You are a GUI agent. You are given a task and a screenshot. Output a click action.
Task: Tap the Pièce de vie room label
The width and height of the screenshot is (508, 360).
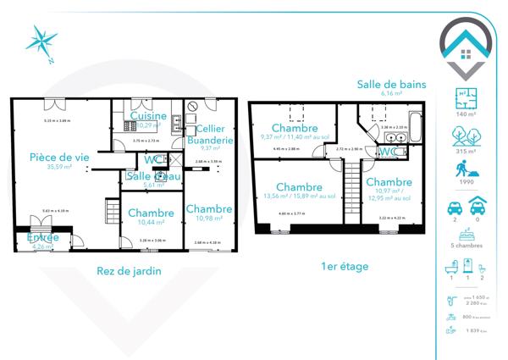58,158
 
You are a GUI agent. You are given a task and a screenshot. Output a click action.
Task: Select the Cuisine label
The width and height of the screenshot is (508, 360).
147,116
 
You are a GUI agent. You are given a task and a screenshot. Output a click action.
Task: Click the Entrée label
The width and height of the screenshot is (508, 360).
42,238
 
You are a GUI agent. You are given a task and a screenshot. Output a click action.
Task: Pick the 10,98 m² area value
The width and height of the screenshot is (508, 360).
208,219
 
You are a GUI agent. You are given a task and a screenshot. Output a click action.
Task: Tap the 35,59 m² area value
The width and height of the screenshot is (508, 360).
59,168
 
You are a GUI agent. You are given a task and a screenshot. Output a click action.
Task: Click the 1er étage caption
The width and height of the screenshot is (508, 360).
345,266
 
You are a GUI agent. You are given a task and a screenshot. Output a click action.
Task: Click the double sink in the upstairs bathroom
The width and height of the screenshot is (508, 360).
395,137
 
